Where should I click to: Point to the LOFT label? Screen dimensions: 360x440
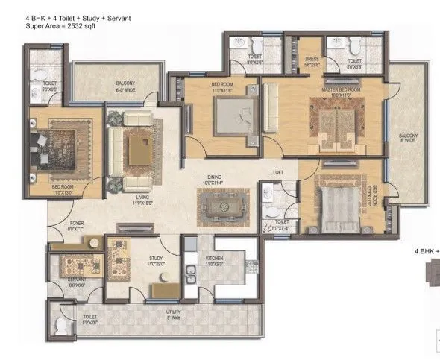click(x=278, y=172)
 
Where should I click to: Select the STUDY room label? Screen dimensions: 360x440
click(x=156, y=259)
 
